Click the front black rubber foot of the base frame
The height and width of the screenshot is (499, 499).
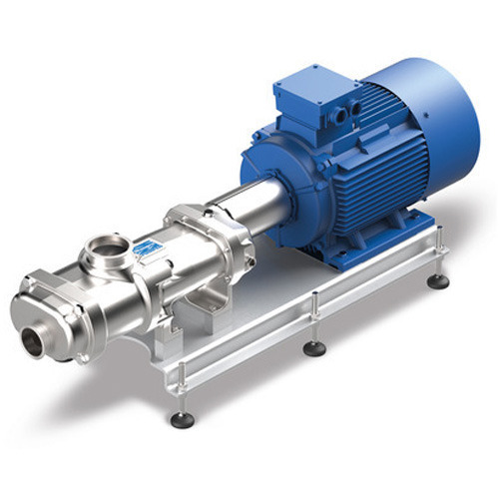[182, 419]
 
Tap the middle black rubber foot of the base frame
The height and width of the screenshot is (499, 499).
[315, 348]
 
